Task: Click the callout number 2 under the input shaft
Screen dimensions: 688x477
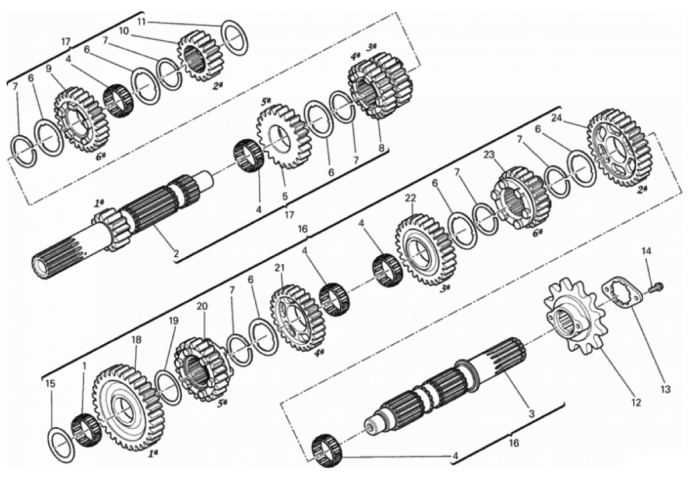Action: [x=176, y=253]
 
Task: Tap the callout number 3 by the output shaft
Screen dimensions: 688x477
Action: [x=531, y=414]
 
